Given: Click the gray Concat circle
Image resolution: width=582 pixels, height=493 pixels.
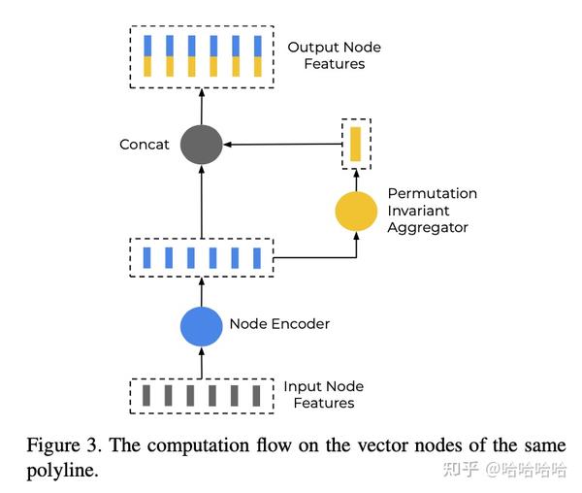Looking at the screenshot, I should click(x=202, y=145).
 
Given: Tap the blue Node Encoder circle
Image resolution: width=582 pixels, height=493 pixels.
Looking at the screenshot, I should click(x=202, y=325).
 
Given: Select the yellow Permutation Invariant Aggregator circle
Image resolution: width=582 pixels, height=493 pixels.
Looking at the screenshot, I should click(x=356, y=211).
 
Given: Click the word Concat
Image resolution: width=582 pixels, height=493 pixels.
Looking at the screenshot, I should click(x=145, y=145).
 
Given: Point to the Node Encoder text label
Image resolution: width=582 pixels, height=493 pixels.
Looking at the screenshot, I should click(x=279, y=324).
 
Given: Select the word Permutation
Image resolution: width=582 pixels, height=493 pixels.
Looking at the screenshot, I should click(x=433, y=193).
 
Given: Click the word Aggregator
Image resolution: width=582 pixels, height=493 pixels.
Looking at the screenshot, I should click(x=428, y=228).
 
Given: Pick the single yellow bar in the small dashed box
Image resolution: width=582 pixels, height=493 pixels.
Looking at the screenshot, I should click(x=356, y=144).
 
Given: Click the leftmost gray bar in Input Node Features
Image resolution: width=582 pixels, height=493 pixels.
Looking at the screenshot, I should click(x=146, y=395).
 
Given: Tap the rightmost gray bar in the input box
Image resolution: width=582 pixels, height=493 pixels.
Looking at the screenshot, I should click(x=257, y=395).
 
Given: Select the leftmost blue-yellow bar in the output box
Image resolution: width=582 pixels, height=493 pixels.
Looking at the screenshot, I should click(x=146, y=55).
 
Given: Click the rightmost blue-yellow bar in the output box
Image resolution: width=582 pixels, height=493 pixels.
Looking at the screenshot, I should click(x=257, y=55).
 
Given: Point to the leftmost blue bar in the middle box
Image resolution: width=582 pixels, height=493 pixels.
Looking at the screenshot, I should click(x=146, y=257).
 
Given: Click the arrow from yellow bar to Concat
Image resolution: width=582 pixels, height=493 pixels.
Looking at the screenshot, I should click(x=281, y=145).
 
